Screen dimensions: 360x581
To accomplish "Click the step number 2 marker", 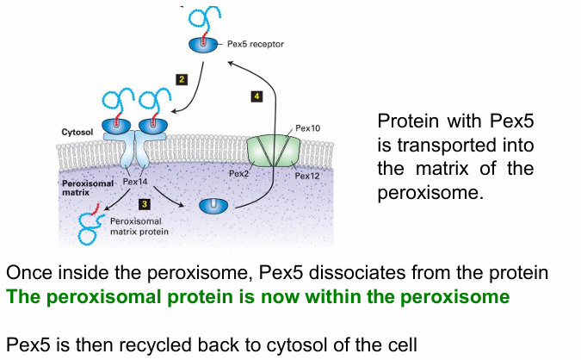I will (182, 78).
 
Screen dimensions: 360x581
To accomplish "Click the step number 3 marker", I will (145, 204).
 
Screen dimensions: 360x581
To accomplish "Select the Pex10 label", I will (307, 128).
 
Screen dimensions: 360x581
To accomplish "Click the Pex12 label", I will (307, 176).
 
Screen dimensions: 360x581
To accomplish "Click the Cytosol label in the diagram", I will (77, 133).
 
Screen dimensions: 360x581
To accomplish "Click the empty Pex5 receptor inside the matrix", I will (212, 207).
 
